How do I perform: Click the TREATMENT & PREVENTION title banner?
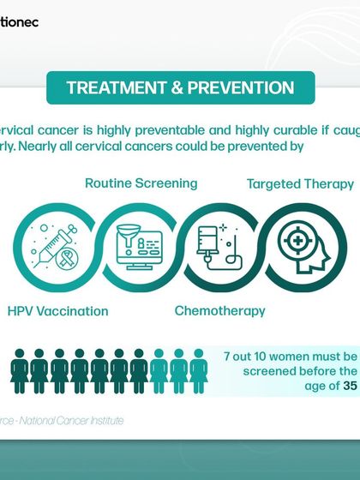coord(180,88)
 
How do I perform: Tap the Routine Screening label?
coord(141,183)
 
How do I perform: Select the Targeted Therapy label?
coord(300,183)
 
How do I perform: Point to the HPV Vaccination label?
coord(58,310)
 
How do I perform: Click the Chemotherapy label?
coord(219,310)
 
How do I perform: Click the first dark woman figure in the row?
coord(19,371)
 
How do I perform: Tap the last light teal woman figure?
coord(199,371)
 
